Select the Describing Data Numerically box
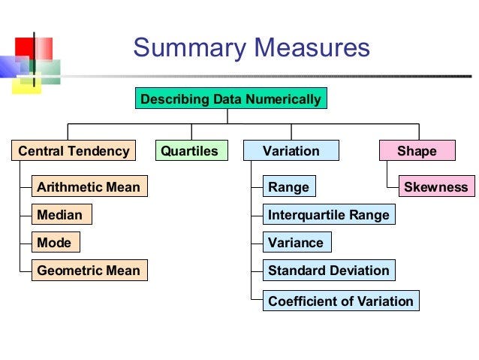[x=231, y=99]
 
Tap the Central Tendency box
[x=74, y=151]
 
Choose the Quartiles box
[x=190, y=151]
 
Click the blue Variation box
[x=291, y=151]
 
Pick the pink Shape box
[x=417, y=151]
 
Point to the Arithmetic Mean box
[x=89, y=186]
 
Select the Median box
[x=59, y=215]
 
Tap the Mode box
[x=54, y=243]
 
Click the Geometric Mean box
[x=89, y=271]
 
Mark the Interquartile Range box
[x=329, y=215]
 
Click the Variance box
[x=296, y=243]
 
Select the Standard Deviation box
[x=329, y=271]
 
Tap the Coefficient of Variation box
[x=341, y=301]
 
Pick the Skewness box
[x=435, y=186]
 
